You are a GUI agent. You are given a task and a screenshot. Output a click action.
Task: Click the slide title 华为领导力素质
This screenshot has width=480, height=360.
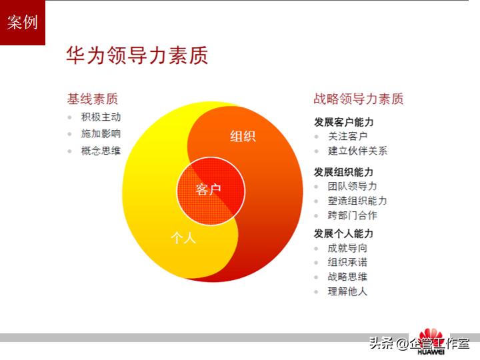pos(137,55)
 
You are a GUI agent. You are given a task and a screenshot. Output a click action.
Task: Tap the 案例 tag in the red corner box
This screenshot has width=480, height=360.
pos(23,23)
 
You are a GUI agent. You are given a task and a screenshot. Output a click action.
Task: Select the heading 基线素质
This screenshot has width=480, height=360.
pos(92,99)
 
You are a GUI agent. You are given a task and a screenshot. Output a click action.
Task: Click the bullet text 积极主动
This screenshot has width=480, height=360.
pos(101,117)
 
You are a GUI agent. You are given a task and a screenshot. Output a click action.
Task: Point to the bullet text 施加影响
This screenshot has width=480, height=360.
pos(101,134)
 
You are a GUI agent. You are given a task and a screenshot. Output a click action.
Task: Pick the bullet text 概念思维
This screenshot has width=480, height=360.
pos(101,151)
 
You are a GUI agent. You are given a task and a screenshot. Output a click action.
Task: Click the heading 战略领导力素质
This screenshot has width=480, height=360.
pos(359,99)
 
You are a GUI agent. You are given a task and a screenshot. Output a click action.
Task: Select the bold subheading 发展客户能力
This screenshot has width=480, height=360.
pos(344,122)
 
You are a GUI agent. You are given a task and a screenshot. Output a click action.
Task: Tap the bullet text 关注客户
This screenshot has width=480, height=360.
pos(347,136)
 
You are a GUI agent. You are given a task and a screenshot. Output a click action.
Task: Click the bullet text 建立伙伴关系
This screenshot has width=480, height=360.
pos(357,151)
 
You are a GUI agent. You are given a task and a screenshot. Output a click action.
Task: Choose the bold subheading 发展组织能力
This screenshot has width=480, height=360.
pos(344,172)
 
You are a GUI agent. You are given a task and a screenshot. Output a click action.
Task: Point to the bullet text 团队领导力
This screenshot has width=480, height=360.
pos(352,187)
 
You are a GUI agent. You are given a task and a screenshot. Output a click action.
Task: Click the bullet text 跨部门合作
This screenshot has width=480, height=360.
pos(352,215)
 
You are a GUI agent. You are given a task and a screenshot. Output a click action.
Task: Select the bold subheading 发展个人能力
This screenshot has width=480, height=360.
pos(344,234)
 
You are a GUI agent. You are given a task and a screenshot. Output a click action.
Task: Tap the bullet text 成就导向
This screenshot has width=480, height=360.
pos(347,248)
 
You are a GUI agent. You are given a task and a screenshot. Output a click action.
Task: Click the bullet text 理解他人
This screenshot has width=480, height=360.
pos(347,291)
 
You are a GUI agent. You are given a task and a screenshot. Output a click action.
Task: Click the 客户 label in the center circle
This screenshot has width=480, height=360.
pos(209,190)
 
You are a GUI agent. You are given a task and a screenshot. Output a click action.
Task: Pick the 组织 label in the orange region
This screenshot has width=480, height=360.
pos(243,137)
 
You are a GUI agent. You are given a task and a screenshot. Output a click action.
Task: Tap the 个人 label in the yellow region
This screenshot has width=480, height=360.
pos(183,238)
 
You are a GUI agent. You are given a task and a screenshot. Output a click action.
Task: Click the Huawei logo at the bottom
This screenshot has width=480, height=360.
pos(430,342)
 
